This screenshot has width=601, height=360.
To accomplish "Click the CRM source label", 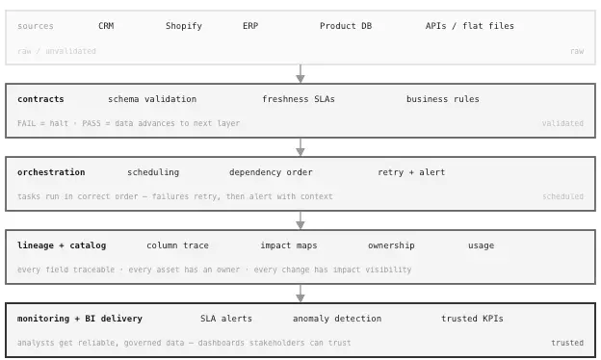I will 106,26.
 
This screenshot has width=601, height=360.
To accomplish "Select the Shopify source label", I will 184,26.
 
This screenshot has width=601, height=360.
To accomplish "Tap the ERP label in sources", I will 250,26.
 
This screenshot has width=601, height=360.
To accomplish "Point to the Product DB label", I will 346,26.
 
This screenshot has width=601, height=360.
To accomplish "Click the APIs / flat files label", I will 470,26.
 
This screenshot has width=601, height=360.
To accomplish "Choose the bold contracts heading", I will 40,99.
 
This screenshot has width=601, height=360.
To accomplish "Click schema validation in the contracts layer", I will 152,99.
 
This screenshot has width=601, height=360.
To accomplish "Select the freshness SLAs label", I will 299,99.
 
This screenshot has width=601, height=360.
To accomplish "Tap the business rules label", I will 443,99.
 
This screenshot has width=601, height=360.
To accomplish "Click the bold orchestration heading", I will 51,172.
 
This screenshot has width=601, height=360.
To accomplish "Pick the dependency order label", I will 271,172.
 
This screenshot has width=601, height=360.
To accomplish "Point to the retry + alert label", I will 411,172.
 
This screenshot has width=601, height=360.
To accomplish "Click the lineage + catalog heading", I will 62,245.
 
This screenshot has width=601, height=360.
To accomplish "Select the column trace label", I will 177,245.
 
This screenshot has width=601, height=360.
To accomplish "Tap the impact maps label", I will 288,245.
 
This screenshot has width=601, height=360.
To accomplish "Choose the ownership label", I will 391,245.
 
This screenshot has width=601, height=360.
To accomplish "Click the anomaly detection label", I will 337,319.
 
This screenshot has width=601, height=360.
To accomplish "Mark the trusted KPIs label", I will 472,319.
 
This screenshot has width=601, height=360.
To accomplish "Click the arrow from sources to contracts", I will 300,74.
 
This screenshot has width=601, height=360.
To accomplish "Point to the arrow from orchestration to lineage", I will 300,220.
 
